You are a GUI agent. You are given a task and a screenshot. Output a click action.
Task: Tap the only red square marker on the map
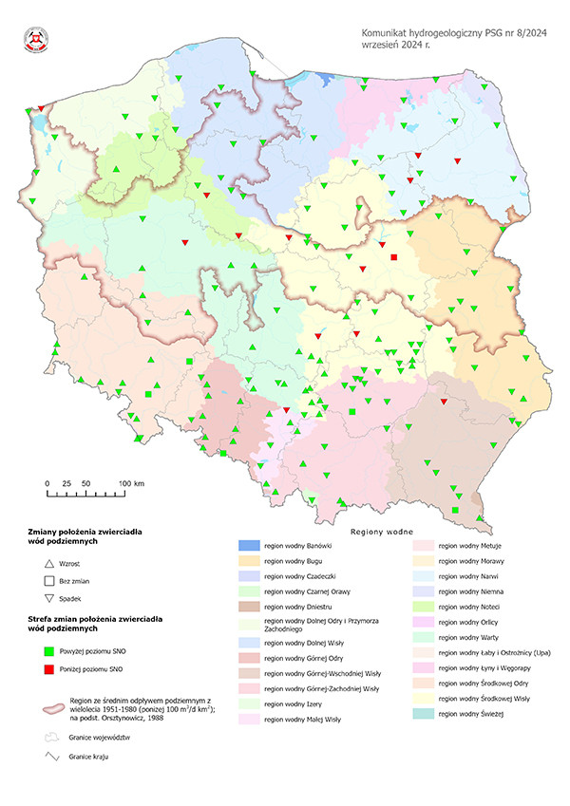(393, 256)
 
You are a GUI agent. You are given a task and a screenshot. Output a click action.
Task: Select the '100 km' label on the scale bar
(131, 484)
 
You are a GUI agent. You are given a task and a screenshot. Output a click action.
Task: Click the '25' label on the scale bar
(66, 484)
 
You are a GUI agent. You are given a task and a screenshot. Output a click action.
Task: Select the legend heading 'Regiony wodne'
(387, 532)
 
